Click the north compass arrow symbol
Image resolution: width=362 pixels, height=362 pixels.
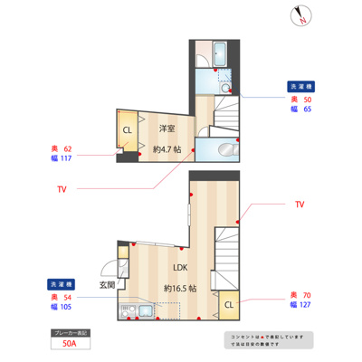coord(302,16)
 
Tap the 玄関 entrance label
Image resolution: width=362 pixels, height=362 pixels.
coord(107,285)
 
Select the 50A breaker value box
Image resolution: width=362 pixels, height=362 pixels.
coord(71,344)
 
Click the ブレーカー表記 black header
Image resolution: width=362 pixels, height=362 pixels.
coord(71,332)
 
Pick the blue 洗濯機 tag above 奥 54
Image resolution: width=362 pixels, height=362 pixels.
coord(62,285)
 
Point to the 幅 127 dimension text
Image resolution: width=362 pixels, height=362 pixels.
coord(301,306)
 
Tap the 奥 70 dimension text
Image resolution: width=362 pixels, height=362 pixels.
coord(301,296)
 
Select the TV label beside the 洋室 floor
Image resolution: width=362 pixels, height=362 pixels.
coord(62,190)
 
